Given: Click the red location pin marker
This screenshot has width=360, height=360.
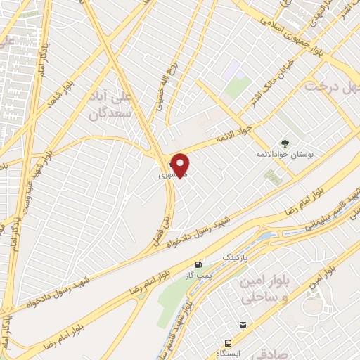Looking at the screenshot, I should click(x=180, y=165).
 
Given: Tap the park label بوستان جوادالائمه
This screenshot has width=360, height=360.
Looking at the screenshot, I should click(x=284, y=153).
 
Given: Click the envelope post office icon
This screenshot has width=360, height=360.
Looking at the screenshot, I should click(x=243, y=324).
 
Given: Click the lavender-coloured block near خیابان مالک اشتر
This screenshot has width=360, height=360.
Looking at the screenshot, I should click(x=233, y=70).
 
